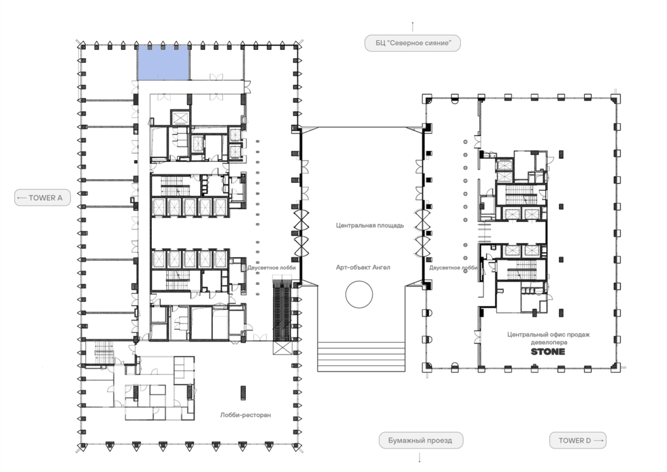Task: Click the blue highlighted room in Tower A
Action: tap(163, 62)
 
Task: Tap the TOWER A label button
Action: tap(43, 198)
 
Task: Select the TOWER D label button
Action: tap(577, 440)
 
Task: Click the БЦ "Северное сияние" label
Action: tap(413, 43)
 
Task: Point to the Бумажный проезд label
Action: tap(421, 440)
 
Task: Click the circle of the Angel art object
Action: tap(359, 294)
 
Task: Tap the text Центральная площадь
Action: tap(370, 225)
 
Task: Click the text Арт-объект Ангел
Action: tap(363, 268)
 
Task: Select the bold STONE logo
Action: tap(548, 352)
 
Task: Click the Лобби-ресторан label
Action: tap(245, 415)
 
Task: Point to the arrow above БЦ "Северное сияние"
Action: tap(413, 27)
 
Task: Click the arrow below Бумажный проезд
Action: tap(420, 458)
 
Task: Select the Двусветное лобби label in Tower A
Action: tap(271, 268)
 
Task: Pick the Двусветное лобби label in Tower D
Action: tap(453, 268)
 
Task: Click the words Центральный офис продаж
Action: tap(548, 334)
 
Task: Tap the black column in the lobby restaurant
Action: tap(243, 393)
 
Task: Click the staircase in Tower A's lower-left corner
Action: tap(103, 353)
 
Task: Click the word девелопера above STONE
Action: tap(549, 342)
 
